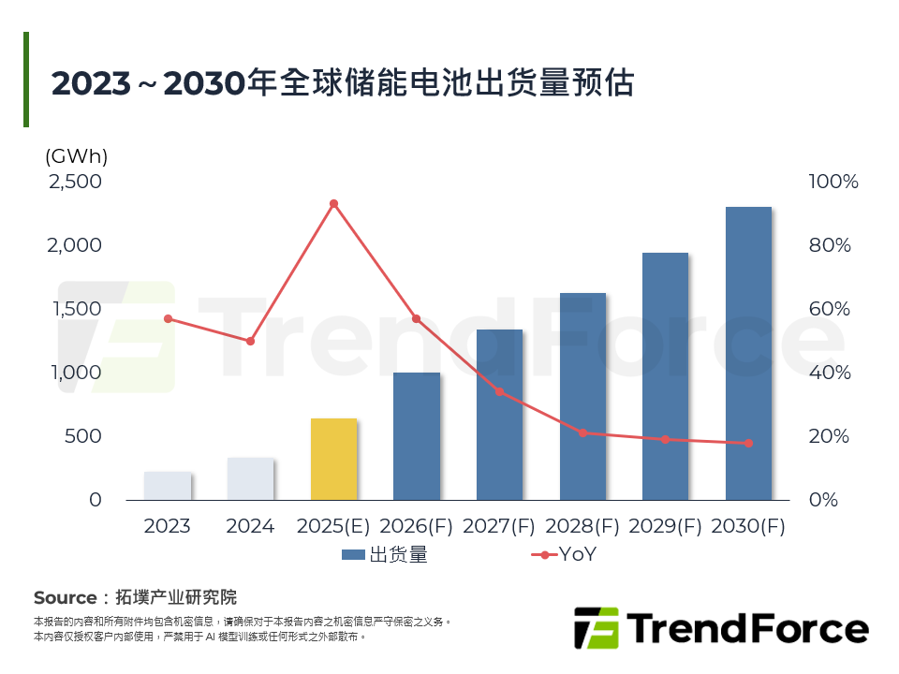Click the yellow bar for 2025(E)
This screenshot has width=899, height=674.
tap(333, 459)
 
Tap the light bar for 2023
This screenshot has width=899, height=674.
tap(168, 485)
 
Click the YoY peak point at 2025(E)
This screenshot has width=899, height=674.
tap(333, 203)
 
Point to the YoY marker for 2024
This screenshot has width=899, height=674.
tap(250, 341)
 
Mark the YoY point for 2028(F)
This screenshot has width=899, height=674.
tap(582, 432)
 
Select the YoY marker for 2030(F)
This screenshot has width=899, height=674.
tap(748, 443)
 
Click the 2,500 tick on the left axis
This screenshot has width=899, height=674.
tap(75, 182)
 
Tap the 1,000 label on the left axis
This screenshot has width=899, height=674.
tap(75, 373)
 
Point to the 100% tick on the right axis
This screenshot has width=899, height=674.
tap(833, 182)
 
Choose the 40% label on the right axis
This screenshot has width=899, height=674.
tap(829, 373)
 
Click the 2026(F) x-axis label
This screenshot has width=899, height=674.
tap(415, 526)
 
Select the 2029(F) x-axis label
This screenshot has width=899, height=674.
tap(665, 526)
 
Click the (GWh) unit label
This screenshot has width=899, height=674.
tap(77, 155)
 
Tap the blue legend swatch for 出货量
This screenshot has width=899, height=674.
tap(353, 555)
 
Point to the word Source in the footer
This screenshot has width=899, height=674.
tap(65, 597)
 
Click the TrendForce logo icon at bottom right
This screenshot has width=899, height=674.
tap(597, 627)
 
